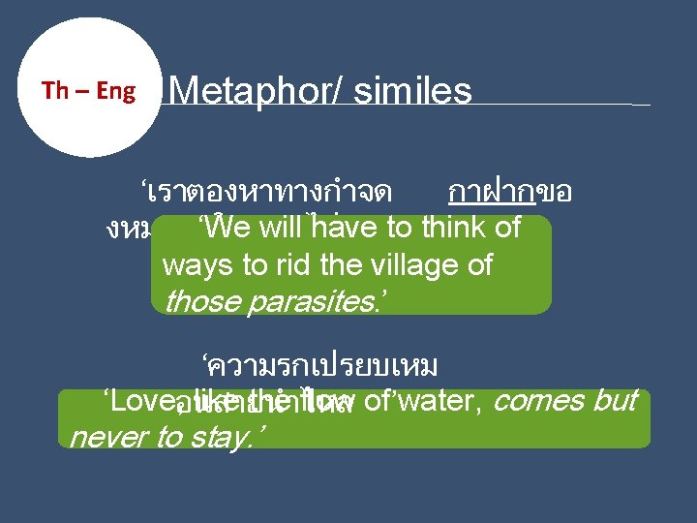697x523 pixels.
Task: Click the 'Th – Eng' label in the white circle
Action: (x=88, y=91)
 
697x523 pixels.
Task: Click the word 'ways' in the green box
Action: (x=192, y=264)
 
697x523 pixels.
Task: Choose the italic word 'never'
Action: (x=109, y=437)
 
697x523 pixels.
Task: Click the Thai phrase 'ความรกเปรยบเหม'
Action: (x=319, y=367)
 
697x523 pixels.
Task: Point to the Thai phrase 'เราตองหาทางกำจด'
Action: (x=266, y=193)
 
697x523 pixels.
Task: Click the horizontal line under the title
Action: (x=561, y=104)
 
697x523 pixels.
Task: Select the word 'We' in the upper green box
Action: (x=227, y=228)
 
